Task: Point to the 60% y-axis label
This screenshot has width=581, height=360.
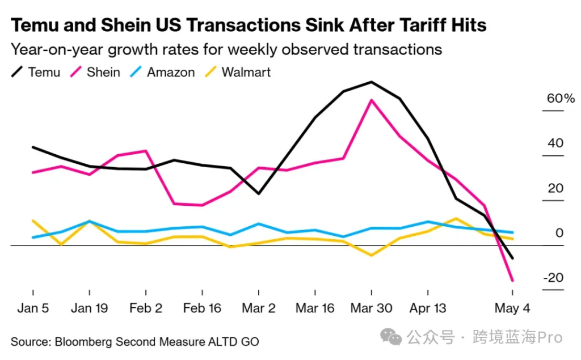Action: pyautogui.click(x=561, y=99)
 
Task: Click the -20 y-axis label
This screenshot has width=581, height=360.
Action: pyautogui.click(x=553, y=278)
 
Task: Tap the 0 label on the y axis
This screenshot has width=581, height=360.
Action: pyautogui.click(x=559, y=233)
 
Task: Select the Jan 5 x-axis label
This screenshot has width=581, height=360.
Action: pyautogui.click(x=33, y=308)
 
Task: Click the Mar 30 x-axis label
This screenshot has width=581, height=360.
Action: pyautogui.click(x=371, y=308)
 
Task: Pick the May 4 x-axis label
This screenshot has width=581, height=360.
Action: pyautogui.click(x=512, y=308)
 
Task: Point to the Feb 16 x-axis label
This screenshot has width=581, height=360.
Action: pyautogui.click(x=203, y=308)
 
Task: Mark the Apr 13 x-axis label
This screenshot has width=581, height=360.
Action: pyautogui.click(x=428, y=308)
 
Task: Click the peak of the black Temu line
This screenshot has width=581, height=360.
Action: pyautogui.click(x=371, y=82)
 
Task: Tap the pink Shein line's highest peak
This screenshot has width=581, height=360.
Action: pyautogui.click(x=371, y=100)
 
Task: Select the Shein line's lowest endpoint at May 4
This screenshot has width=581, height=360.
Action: pyautogui.click(x=512, y=280)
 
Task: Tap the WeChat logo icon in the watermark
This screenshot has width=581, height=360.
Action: pyautogui.click(x=391, y=338)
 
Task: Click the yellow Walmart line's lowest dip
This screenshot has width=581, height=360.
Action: pyautogui.click(x=372, y=255)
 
